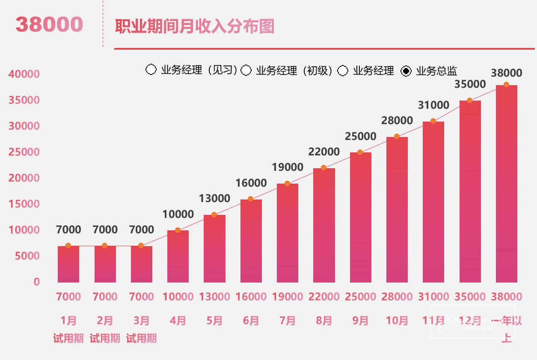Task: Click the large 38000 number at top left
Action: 49,24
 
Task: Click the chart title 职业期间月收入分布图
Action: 195,27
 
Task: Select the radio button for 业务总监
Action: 406,71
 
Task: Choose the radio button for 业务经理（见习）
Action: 151,70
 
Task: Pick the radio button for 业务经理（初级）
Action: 246,71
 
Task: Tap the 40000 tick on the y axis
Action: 24,74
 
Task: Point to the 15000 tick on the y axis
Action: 24,204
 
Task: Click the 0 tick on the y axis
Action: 36,282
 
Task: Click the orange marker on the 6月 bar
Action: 251,199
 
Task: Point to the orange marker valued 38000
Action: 506,85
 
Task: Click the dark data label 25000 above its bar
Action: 360,137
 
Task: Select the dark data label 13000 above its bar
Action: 214,199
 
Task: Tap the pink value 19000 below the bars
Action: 288,297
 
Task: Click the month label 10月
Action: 397,321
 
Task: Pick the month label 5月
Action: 214,321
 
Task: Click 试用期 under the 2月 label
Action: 105,339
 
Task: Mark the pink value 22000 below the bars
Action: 324,297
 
